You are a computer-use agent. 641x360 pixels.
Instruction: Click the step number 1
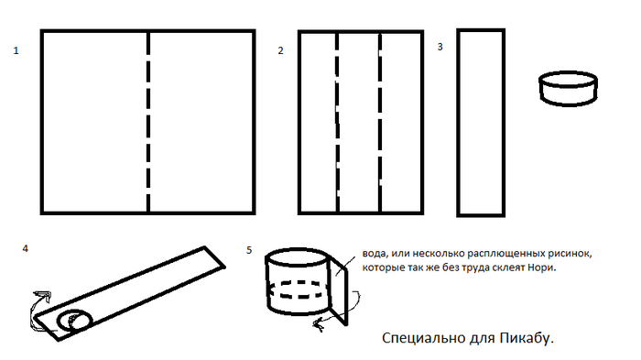tap(16, 50)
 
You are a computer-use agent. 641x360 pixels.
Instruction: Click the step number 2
tap(280, 50)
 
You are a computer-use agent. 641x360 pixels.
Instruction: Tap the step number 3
tap(440, 47)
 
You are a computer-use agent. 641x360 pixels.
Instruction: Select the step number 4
tap(26, 249)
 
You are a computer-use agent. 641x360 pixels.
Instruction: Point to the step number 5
tap(249, 250)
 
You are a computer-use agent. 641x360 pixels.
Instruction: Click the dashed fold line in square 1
tap(148, 122)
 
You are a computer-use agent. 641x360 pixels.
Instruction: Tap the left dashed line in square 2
tap(337, 122)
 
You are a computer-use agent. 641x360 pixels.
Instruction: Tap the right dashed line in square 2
tap(380, 122)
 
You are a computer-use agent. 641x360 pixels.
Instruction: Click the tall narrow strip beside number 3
tap(458, 123)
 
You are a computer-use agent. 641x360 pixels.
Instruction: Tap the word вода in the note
tap(374, 254)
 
